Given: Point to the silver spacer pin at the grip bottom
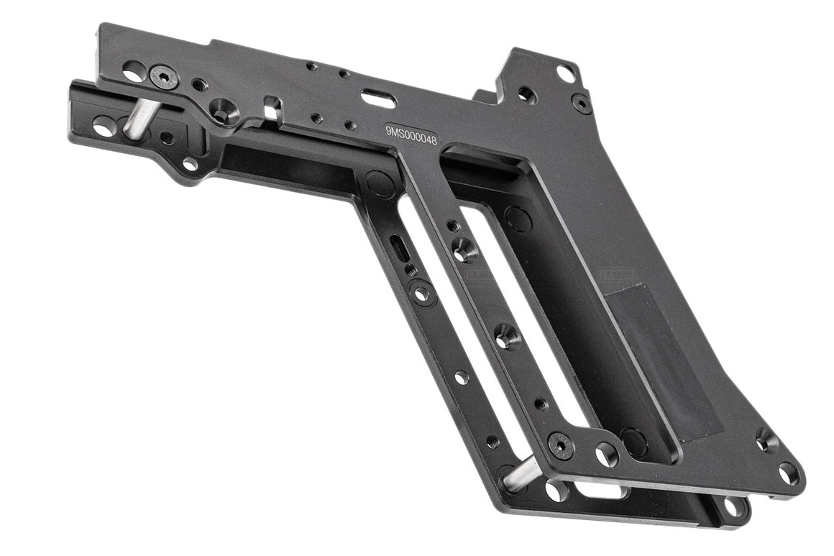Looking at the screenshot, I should click(523, 473).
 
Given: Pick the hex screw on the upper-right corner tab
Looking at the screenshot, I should click(581, 102).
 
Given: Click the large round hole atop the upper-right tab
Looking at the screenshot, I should click(566, 73).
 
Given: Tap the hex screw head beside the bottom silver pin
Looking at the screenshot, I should click(561, 445).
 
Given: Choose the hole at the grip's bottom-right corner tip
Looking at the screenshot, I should click(789, 473).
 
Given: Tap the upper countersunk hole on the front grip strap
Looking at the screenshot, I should click(464, 250).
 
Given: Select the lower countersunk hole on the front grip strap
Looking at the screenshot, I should click(507, 337).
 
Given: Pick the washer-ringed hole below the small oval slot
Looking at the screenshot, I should click(421, 293).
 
